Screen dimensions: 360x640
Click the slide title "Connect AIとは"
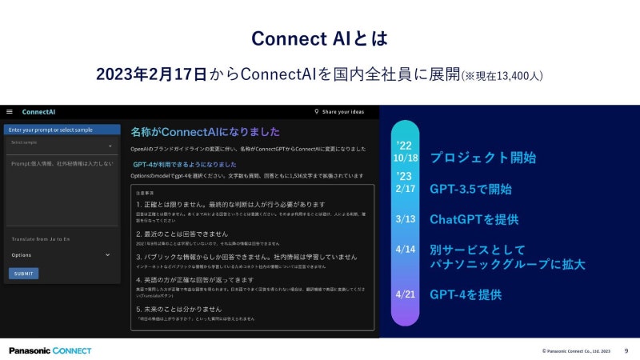319,38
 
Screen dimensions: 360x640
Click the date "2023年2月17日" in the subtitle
150,74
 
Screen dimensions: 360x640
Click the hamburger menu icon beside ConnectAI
10,112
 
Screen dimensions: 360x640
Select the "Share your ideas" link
345,112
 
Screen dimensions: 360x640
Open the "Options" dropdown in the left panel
61,255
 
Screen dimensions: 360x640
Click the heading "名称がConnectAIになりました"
205,132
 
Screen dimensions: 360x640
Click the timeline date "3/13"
406,218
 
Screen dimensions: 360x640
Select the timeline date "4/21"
406,294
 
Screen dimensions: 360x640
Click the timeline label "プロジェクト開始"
482,158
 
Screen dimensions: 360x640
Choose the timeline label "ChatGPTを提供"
474,218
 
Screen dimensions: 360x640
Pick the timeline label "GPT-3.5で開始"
470,190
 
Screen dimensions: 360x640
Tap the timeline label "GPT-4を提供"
466,294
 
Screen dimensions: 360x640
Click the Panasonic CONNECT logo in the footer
50,350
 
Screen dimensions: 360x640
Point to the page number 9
626,350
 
